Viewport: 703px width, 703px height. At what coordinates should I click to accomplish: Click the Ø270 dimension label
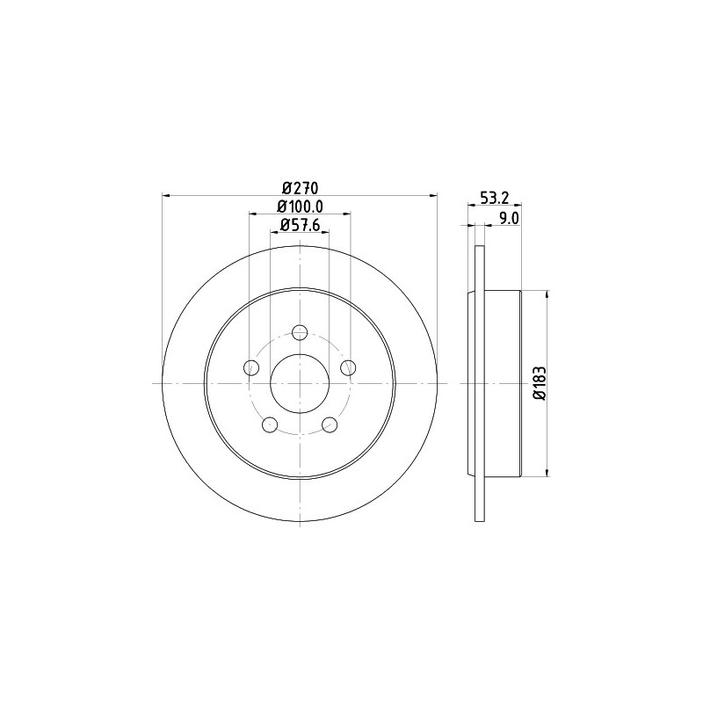coord(299,187)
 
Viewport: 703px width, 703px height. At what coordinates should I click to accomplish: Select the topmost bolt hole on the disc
coord(300,332)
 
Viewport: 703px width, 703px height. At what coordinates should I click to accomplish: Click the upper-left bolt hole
coord(251,367)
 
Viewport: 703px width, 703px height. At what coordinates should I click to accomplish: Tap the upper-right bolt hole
coord(348,367)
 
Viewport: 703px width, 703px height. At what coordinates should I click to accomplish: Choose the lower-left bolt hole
coord(270,425)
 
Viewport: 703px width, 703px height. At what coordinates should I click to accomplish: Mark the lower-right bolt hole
coord(330,425)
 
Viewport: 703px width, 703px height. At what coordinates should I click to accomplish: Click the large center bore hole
coord(300,383)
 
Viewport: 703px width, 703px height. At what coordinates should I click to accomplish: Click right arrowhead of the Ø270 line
coord(433,196)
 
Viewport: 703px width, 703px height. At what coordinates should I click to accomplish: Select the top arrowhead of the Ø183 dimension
coord(548,294)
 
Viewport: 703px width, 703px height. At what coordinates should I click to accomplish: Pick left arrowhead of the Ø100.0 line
coord(252,214)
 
